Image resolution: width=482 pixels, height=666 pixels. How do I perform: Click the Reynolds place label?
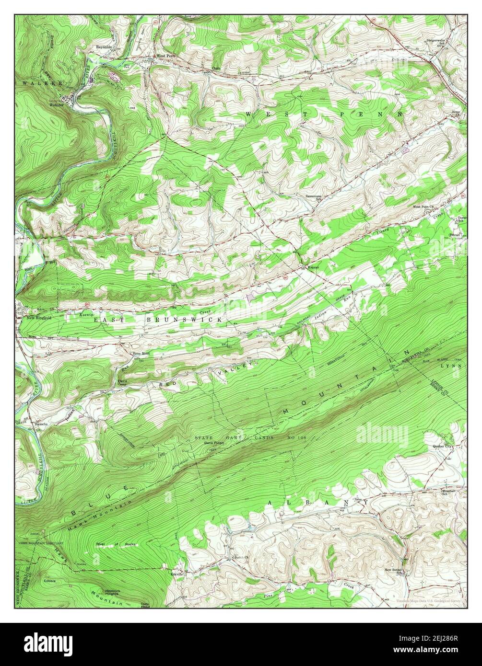click(104, 47)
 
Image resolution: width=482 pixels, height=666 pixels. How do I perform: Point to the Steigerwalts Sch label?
click(436, 42)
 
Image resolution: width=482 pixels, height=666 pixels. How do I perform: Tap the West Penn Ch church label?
click(423, 207)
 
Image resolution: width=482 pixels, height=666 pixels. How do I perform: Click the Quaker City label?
click(442, 447)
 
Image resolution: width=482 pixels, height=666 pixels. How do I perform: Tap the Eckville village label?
click(177, 573)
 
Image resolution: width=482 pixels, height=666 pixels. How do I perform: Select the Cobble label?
click(50, 581)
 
